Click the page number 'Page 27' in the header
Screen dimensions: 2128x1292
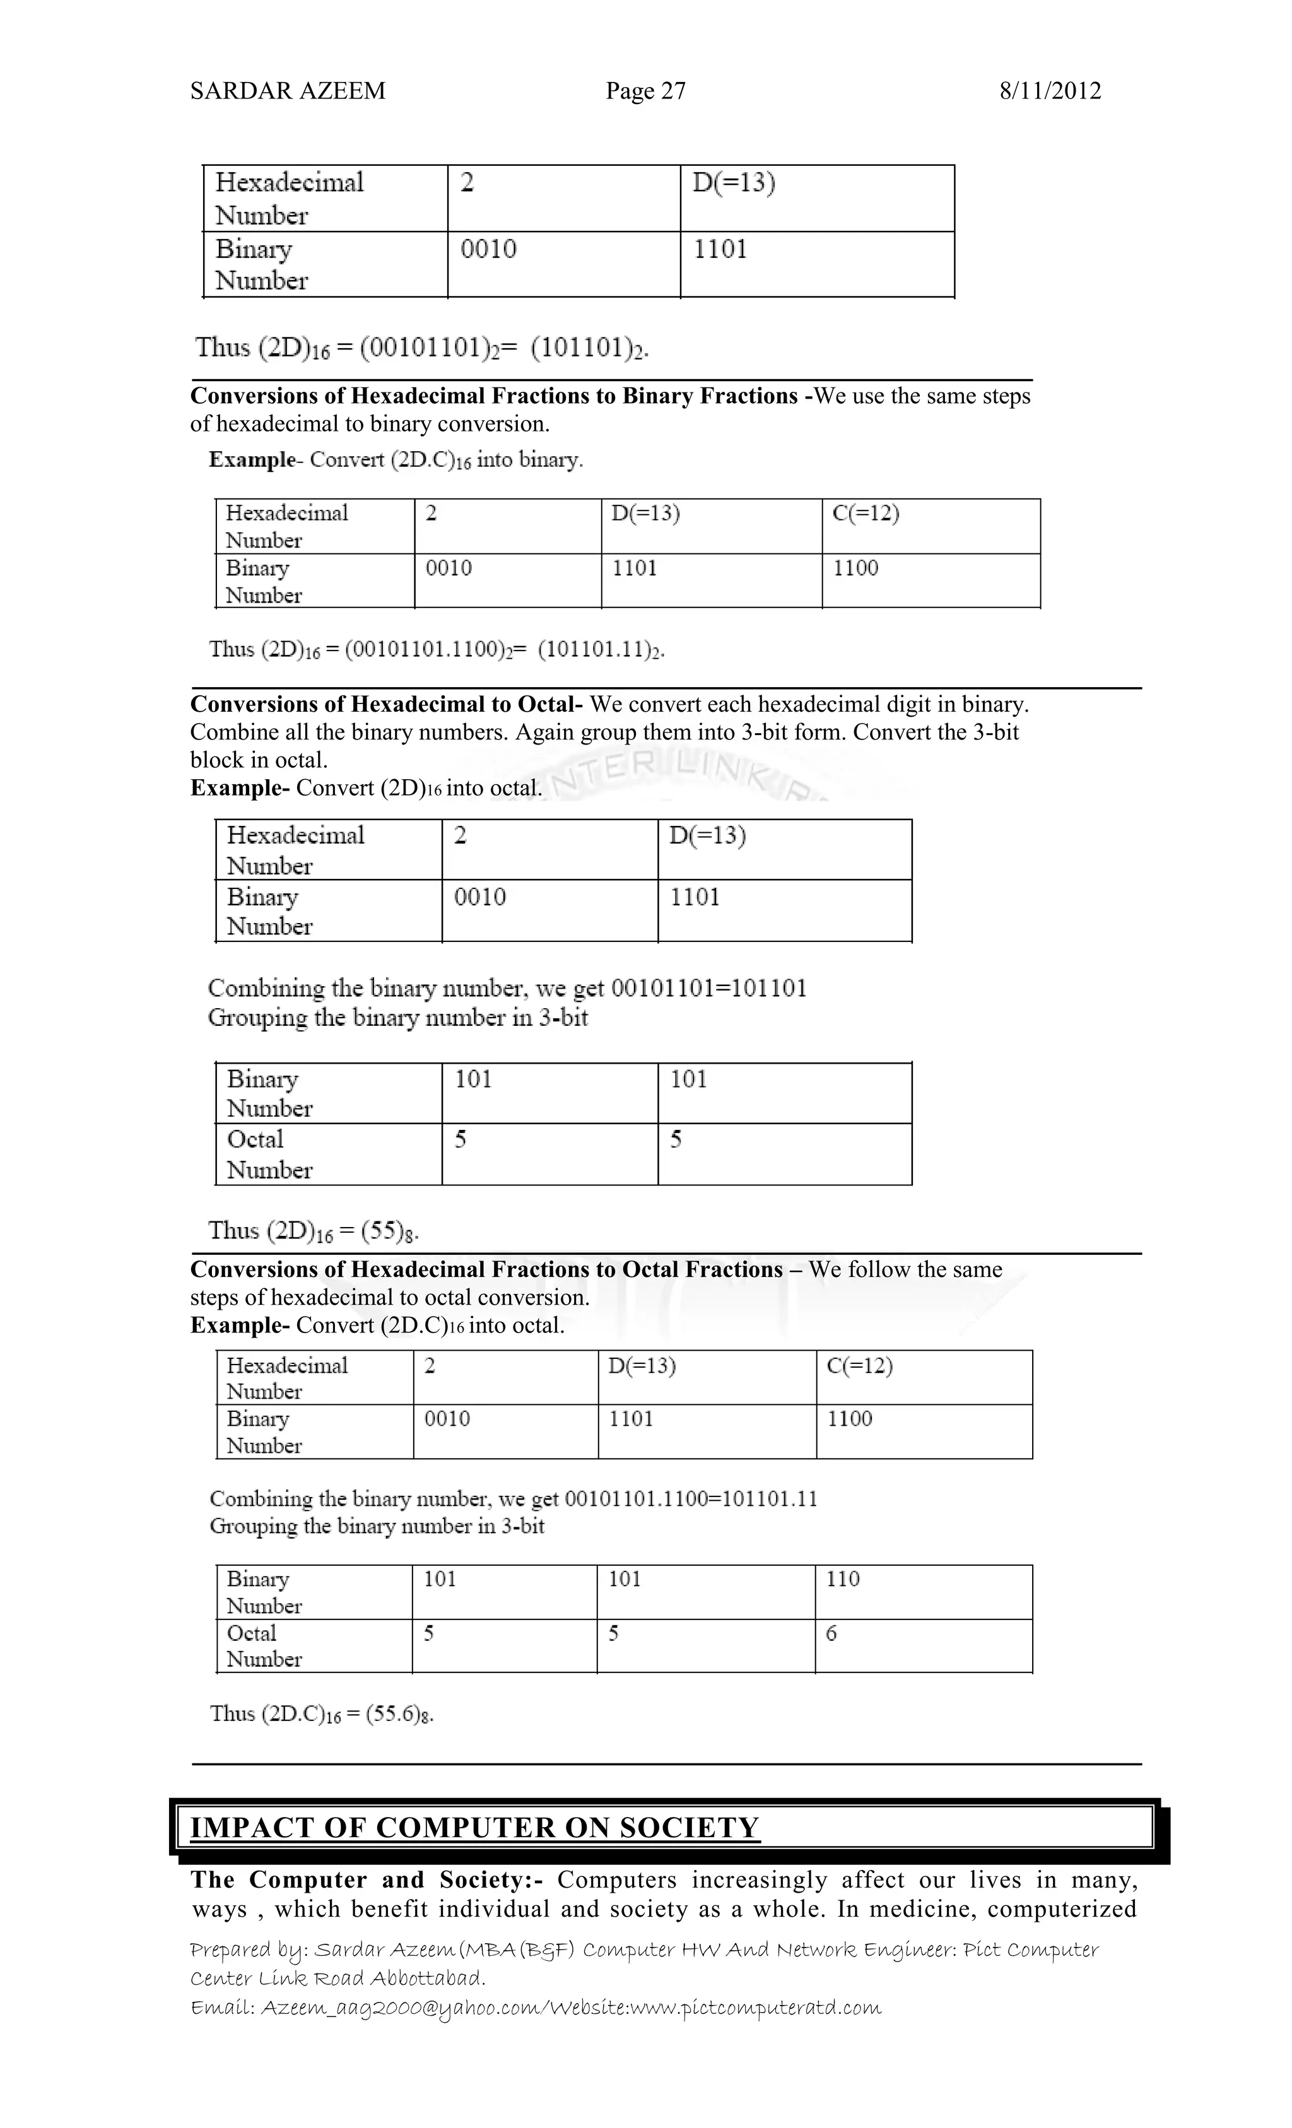645,91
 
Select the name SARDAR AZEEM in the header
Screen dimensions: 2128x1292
288,91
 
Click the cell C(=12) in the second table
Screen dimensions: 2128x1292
866,514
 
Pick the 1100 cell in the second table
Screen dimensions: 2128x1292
855,568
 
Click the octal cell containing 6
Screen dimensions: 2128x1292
831,1633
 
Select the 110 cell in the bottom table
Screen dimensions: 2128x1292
842,1580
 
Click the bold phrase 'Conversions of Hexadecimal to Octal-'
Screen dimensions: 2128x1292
386,705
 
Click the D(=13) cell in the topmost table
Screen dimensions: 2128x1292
733,183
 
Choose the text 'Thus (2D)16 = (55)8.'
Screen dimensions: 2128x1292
314,1231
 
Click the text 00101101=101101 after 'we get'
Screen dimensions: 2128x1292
708,988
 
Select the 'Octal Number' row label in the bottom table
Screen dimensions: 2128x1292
264,1646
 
